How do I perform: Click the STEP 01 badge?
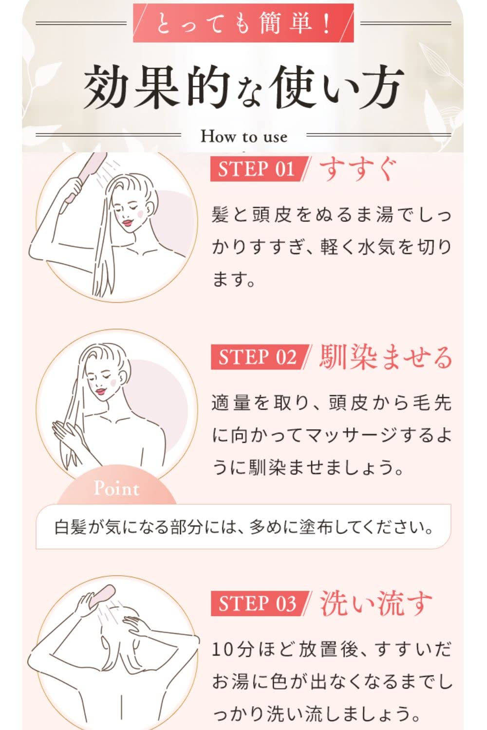(257, 169)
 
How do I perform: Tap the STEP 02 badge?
(257, 357)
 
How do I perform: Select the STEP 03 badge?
(257, 603)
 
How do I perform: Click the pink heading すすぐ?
(358, 169)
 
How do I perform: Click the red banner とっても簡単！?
(243, 23)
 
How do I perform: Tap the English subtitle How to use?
(243, 136)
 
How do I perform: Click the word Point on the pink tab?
(116, 488)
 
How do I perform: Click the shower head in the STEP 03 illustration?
(100, 596)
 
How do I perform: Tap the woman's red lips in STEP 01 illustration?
(128, 222)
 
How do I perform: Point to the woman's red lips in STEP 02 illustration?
(101, 391)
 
